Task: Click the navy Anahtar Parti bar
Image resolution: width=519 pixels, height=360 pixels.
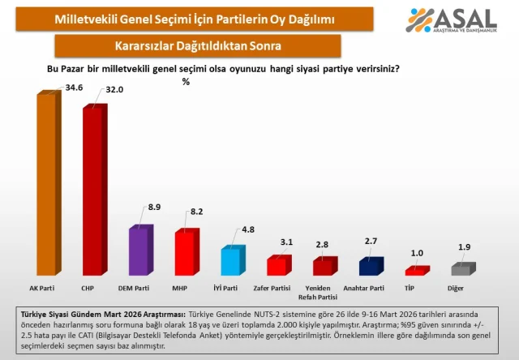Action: click(371, 266)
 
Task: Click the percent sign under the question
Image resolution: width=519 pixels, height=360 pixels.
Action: click(186, 81)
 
